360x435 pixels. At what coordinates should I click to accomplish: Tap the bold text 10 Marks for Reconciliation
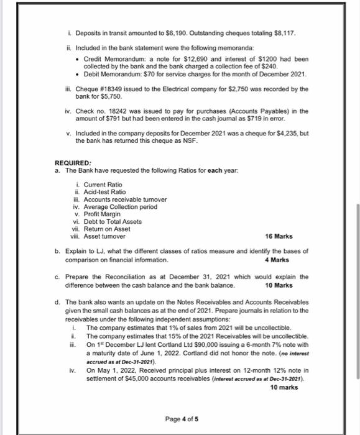point(279,285)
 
